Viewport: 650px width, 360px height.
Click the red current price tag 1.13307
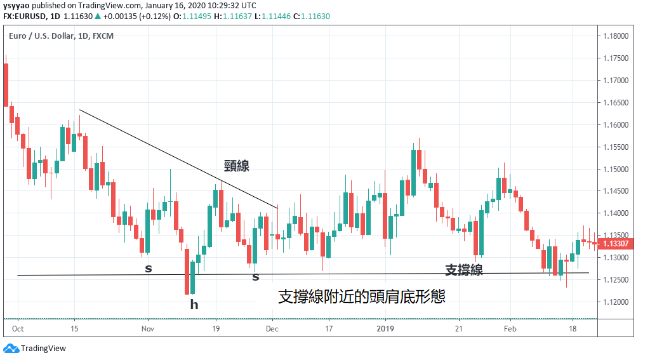(616, 244)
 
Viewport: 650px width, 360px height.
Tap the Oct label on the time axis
(18, 329)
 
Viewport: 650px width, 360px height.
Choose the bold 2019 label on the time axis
(385, 329)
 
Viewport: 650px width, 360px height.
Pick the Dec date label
(272, 329)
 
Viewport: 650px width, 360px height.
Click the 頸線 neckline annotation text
(236, 166)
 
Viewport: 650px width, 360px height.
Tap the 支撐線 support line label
(463, 270)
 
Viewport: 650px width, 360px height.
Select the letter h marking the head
(194, 305)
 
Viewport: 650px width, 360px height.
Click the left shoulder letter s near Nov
(149, 269)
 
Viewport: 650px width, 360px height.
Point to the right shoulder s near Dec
(256, 277)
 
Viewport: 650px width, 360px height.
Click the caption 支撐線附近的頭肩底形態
(362, 297)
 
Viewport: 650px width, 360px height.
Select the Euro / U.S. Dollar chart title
(61, 36)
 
